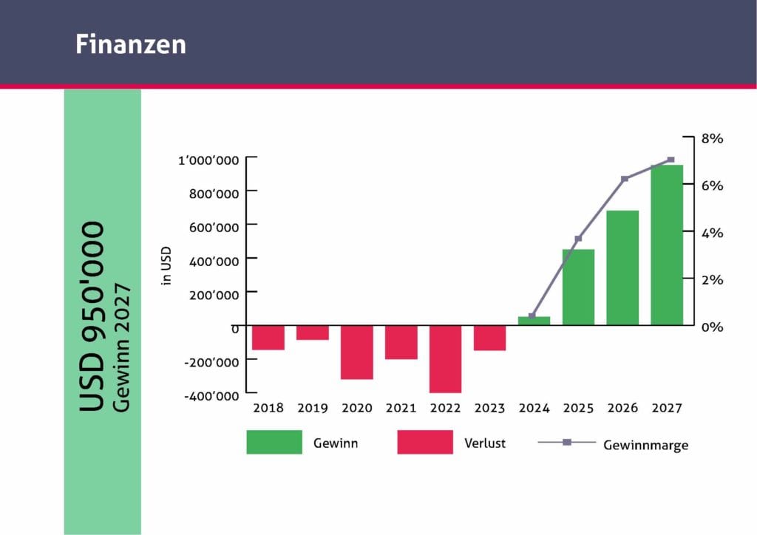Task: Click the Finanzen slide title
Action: [x=131, y=44]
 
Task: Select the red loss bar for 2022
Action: [x=445, y=359]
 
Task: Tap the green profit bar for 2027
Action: [x=667, y=245]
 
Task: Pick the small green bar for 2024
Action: [x=534, y=321]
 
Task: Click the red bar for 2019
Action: [x=313, y=333]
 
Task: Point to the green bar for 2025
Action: [x=578, y=287]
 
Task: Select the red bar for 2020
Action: [x=357, y=352]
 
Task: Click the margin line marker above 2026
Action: [x=625, y=179]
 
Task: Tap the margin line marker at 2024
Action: [x=532, y=316]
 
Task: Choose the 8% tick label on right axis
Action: [x=712, y=138]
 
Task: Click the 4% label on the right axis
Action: [x=712, y=233]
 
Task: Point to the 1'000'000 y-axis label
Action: [x=208, y=160]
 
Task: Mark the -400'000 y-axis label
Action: [x=211, y=395]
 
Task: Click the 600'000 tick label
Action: [x=214, y=227]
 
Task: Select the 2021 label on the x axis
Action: [x=401, y=408]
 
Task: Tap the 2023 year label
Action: [x=489, y=408]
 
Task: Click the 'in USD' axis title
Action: [x=166, y=266]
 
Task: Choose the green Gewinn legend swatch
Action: [x=274, y=442]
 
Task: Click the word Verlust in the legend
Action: [x=485, y=443]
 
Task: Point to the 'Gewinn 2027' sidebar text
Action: [x=121, y=347]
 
